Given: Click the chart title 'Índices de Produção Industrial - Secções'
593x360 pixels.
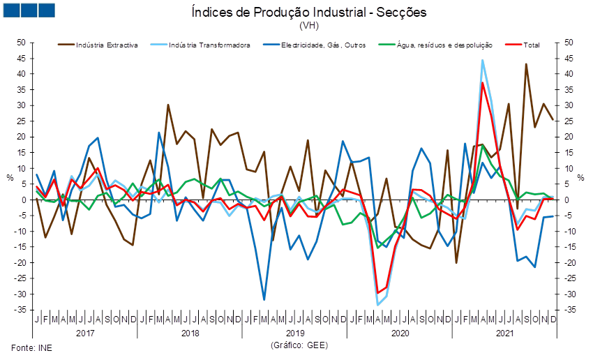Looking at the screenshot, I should [308, 13].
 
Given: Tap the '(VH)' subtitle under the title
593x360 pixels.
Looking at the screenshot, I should [308, 26].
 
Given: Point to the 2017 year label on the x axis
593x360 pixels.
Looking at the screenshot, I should [85, 333].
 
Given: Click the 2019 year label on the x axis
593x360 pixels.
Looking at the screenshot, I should [295, 333].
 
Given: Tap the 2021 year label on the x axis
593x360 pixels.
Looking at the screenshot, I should [504, 333].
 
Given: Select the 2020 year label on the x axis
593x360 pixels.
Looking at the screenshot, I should [400, 333].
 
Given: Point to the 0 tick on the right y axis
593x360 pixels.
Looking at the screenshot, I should [569, 200].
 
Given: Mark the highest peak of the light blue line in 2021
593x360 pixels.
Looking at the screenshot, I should [483, 61].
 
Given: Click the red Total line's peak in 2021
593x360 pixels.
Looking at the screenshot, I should [483, 82].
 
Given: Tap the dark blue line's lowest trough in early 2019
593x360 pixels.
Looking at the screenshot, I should [264, 299].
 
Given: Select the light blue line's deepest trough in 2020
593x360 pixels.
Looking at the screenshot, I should [378, 304].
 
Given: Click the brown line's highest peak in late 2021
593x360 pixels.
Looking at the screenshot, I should [526, 63].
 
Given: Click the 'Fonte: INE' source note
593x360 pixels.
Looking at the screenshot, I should [27, 346].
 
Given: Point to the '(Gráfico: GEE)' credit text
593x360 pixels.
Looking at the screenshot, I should [298, 345].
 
